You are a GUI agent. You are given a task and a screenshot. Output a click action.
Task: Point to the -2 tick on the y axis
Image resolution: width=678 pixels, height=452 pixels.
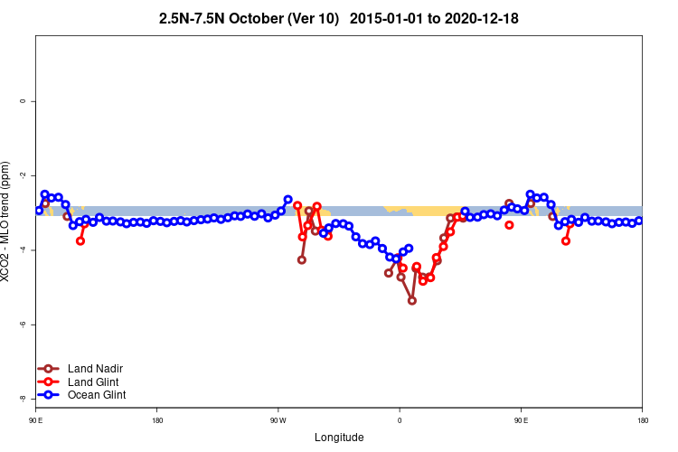(24, 175)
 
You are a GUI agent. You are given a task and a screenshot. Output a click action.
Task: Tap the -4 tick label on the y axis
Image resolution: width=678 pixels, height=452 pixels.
(24, 250)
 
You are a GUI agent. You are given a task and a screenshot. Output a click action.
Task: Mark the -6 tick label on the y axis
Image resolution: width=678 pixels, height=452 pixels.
(24, 324)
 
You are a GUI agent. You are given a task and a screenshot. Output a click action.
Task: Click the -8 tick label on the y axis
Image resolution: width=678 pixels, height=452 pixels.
(24, 398)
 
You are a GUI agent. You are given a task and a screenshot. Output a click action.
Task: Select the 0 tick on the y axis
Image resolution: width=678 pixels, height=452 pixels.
(24, 101)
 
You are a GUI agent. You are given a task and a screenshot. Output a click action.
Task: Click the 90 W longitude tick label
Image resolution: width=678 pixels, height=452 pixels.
(278, 420)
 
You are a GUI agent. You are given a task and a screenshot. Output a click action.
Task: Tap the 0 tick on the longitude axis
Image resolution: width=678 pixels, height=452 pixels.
(400, 420)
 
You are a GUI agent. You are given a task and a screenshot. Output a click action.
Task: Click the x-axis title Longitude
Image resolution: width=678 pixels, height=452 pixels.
(339, 438)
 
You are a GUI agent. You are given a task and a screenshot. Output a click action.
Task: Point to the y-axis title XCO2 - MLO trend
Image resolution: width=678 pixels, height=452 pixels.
(8, 221)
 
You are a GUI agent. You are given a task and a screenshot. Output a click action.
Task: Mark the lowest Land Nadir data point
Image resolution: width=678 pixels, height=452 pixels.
(412, 300)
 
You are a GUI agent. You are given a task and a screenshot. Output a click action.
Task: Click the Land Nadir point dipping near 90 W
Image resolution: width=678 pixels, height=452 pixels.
(302, 259)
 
